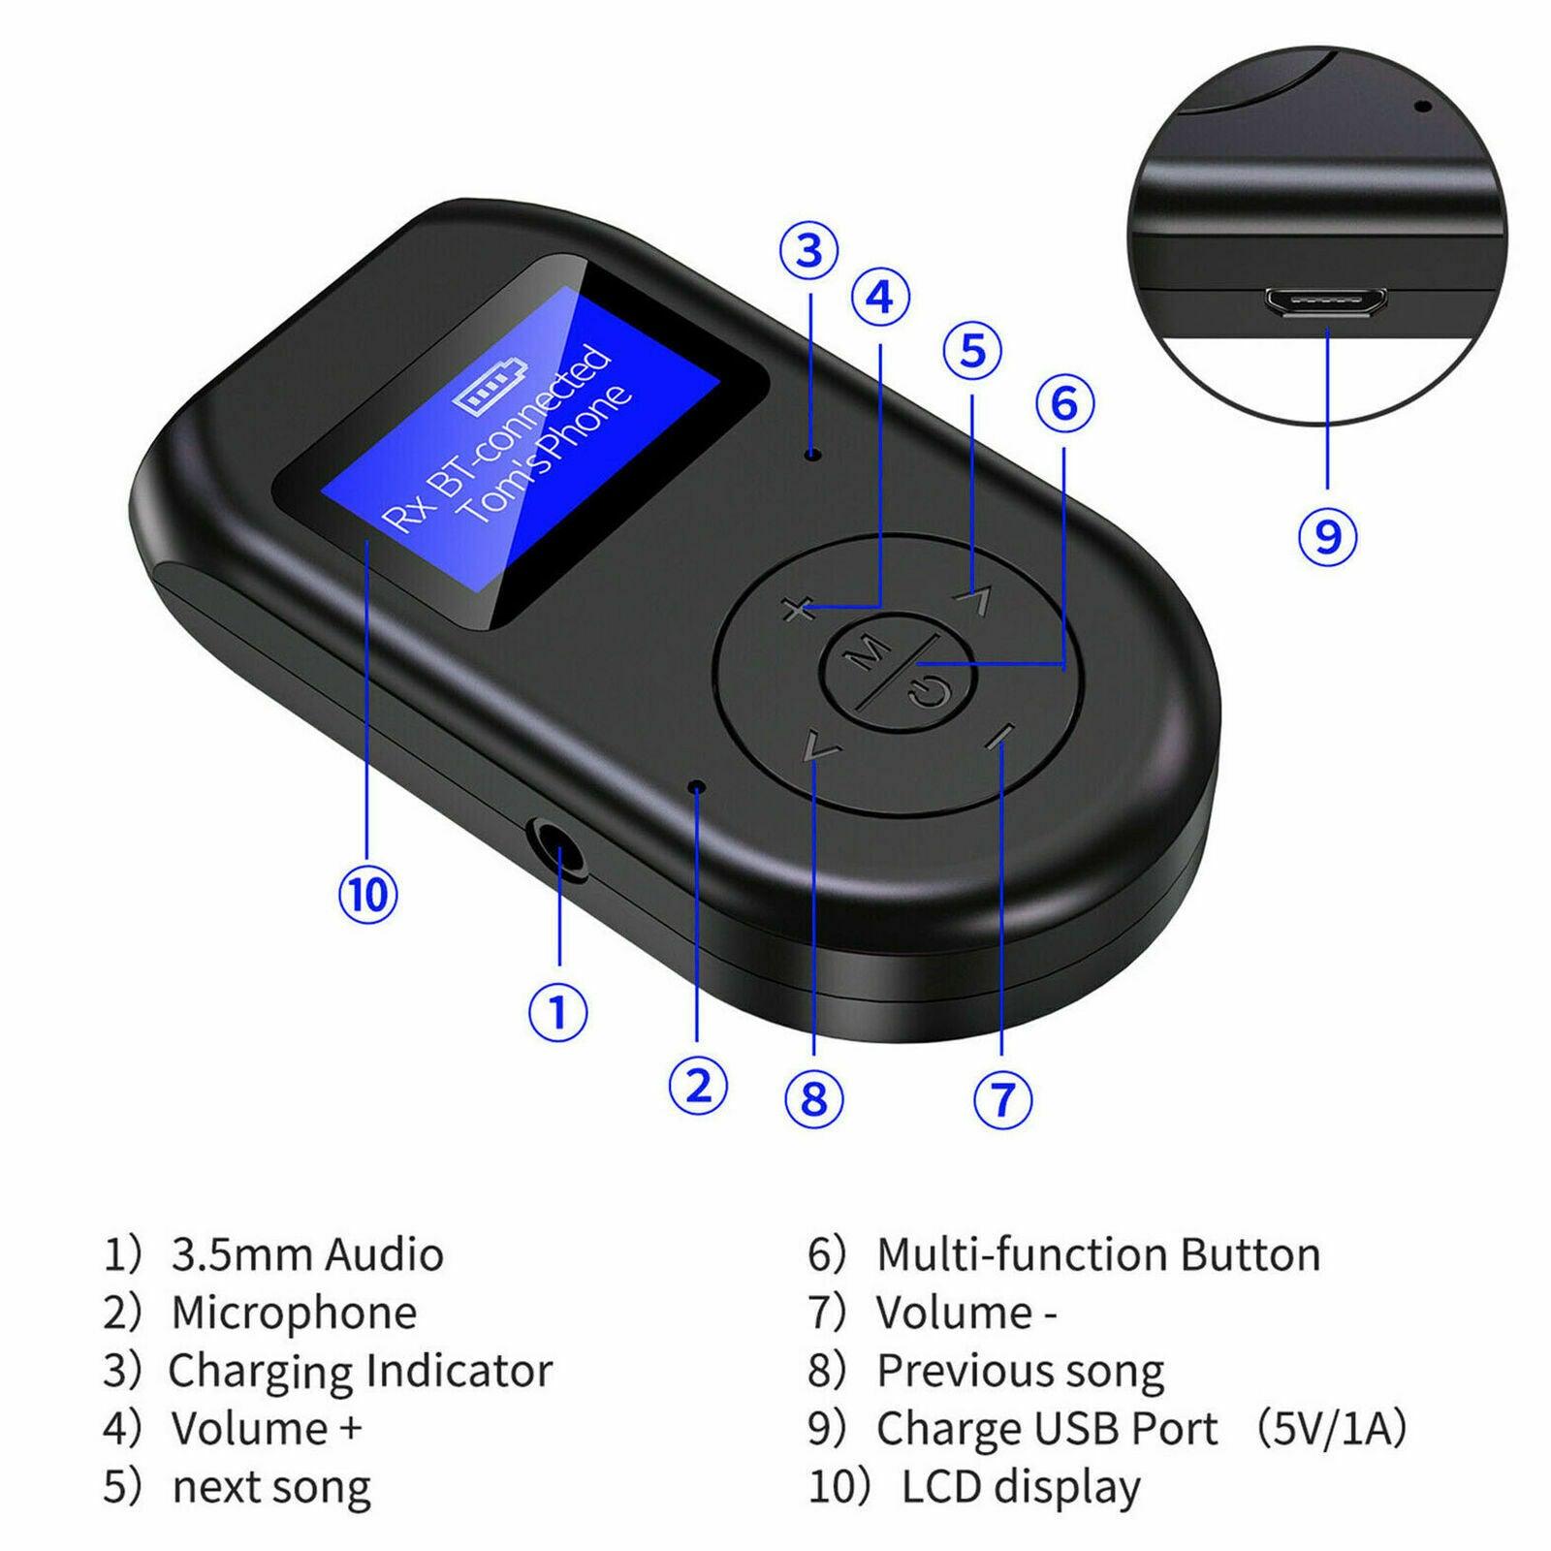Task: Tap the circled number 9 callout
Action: point(1327,536)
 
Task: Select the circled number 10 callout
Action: point(367,894)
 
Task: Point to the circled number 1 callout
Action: point(557,1012)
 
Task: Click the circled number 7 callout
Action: point(1001,1098)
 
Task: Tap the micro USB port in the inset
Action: point(1325,302)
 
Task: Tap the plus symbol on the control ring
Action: point(797,611)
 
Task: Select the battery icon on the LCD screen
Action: point(491,386)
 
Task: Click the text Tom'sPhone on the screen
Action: point(546,456)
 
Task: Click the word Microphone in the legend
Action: point(294,1313)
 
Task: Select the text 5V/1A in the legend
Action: point(1331,1429)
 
